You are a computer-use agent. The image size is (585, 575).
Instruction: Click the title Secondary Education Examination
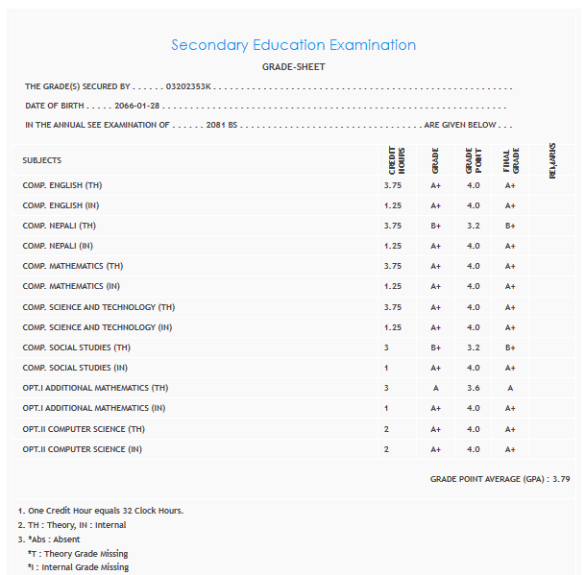293,45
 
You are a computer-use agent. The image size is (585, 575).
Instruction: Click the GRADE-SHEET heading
293,67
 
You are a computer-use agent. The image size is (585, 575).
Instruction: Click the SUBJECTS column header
42,160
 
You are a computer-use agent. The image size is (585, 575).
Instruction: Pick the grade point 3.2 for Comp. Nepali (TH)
473,226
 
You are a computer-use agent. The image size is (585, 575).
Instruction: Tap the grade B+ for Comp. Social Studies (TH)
435,347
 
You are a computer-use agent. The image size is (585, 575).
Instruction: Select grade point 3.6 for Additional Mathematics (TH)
473,388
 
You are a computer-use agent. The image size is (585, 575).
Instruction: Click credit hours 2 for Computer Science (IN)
386,449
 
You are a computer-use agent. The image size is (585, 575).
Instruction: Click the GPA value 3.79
561,478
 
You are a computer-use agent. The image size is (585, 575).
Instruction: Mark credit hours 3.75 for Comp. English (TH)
392,184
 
